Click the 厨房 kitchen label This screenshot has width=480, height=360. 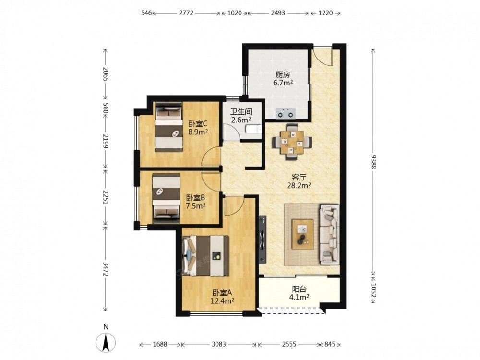[x=283, y=75]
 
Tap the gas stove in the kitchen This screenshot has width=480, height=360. [x=286, y=114]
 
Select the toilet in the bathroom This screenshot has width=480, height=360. [x=254, y=130]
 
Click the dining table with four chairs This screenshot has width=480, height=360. [x=292, y=142]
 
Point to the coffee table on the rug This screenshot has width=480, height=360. [x=302, y=234]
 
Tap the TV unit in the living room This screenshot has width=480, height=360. [x=263, y=240]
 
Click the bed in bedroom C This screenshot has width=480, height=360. [x=168, y=127]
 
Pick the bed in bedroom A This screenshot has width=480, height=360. [x=206, y=256]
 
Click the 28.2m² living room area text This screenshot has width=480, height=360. [x=299, y=185]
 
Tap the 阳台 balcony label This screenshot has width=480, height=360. [x=299, y=288]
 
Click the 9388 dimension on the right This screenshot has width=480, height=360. [x=373, y=161]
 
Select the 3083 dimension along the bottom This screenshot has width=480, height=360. [x=218, y=344]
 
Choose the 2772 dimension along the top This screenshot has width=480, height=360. [x=186, y=13]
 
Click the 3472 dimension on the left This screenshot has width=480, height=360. [x=106, y=269]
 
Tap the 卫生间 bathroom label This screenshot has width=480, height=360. [x=241, y=112]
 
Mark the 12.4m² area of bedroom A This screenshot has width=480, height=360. [x=222, y=301]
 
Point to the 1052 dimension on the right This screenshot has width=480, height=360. [x=373, y=290]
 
